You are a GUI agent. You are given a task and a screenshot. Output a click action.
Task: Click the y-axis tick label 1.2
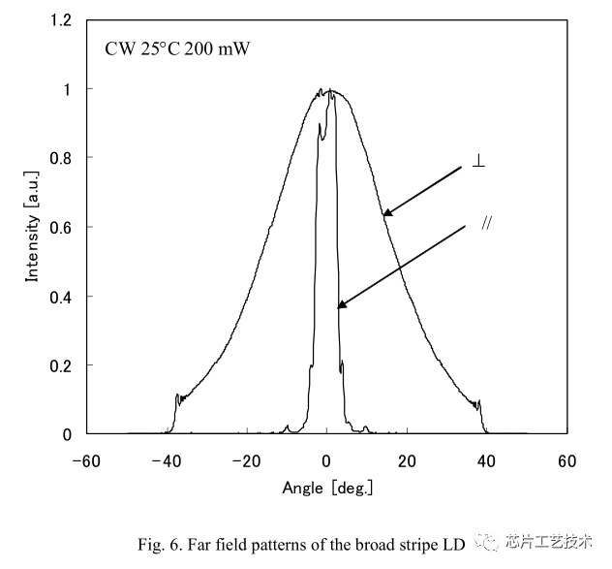coord(63,19)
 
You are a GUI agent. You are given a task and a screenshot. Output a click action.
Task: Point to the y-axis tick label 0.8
coord(63,158)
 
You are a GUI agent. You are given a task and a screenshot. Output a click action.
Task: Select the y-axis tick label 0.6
coord(63,227)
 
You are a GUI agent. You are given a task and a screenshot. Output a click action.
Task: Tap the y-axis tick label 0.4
coord(63,297)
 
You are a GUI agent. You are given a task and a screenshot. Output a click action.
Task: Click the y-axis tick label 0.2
coord(63,365)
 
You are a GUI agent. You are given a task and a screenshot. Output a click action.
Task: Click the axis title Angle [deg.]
coord(327,487)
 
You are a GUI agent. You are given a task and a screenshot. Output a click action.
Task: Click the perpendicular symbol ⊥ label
coord(478,162)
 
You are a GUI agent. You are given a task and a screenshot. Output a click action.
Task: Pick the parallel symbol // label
coord(487,223)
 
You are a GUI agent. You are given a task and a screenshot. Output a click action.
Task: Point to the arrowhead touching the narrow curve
coord(341,305)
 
